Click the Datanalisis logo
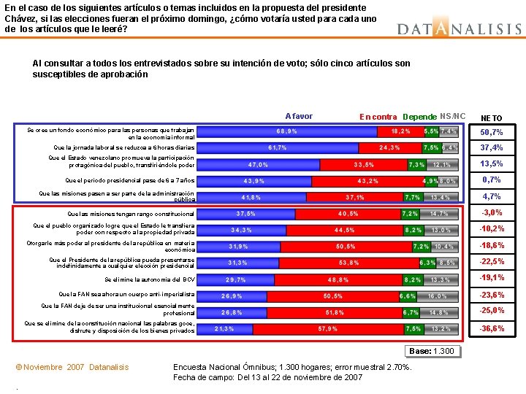[460, 28]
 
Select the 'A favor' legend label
[299, 116]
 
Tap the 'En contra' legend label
[378, 117]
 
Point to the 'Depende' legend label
[419, 117]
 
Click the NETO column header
[490, 117]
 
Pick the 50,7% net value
[491, 133]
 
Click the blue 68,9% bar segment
[287, 132]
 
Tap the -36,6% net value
[491, 329]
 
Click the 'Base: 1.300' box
[432, 351]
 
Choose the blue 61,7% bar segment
[278, 148]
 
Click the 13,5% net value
[491, 164]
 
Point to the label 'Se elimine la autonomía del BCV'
[150, 279]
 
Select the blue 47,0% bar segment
[259, 165]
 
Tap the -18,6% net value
[491, 246]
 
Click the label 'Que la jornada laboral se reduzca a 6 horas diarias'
[121, 148]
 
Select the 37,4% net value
[491, 148]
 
